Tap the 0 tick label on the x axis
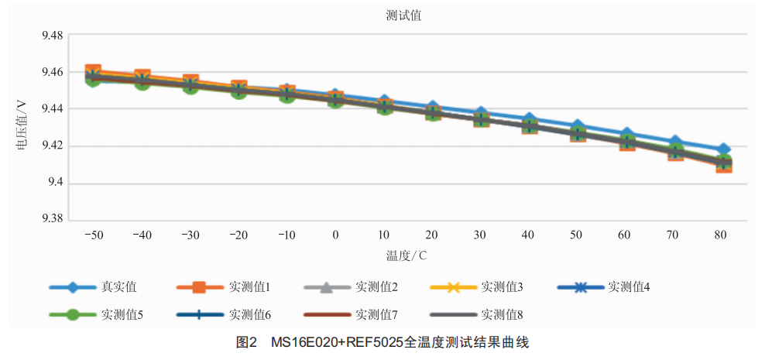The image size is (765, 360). [x=335, y=235]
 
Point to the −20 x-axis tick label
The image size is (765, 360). [x=238, y=235]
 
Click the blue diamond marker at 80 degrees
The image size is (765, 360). [x=723, y=149]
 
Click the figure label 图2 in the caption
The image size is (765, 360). [x=246, y=341]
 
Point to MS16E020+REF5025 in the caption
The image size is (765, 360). [x=338, y=341]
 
